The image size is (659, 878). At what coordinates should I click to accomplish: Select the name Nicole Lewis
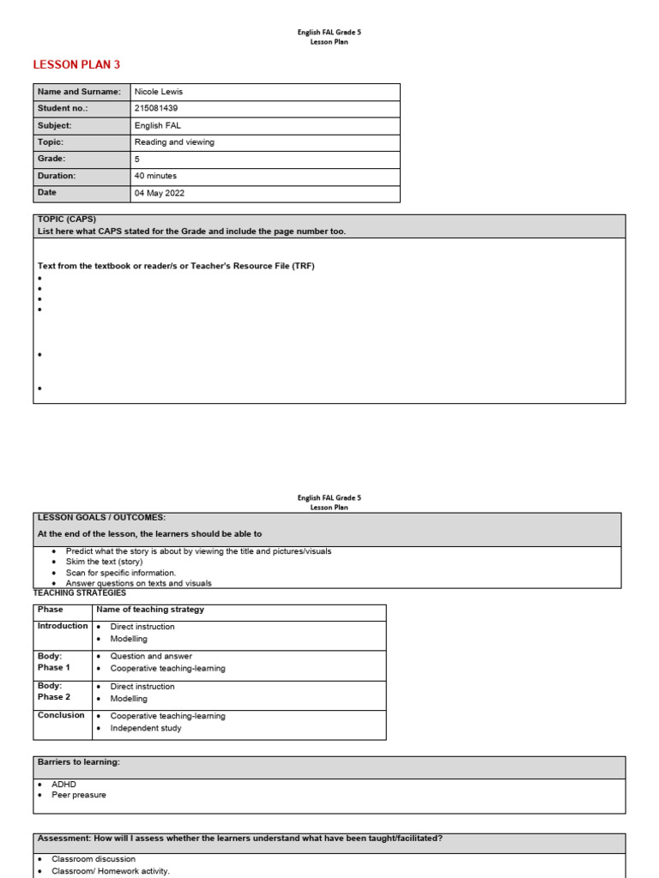(x=159, y=92)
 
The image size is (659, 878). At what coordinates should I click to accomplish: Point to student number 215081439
(x=156, y=109)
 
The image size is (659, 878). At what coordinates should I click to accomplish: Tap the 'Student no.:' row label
(x=63, y=109)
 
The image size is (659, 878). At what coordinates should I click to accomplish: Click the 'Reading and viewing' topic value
(x=174, y=142)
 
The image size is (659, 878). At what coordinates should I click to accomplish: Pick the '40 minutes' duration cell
(x=155, y=176)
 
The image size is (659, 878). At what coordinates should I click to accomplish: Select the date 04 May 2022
(x=160, y=193)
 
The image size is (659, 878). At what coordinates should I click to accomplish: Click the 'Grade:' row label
(x=51, y=159)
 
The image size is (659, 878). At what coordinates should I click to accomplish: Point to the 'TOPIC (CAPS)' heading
(x=67, y=219)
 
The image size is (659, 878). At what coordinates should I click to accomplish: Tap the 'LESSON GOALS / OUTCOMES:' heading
(x=101, y=518)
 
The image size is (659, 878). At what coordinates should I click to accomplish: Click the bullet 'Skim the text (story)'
(x=104, y=562)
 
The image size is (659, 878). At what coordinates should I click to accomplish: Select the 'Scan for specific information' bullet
(x=120, y=573)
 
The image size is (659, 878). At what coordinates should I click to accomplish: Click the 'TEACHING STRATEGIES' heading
(x=79, y=592)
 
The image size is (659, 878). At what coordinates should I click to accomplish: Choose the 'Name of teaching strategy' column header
(x=150, y=610)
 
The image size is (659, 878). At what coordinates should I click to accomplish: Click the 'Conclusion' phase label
(x=61, y=715)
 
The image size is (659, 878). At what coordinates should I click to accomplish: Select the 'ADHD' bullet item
(x=63, y=784)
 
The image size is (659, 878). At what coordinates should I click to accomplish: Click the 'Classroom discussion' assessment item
(x=94, y=858)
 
